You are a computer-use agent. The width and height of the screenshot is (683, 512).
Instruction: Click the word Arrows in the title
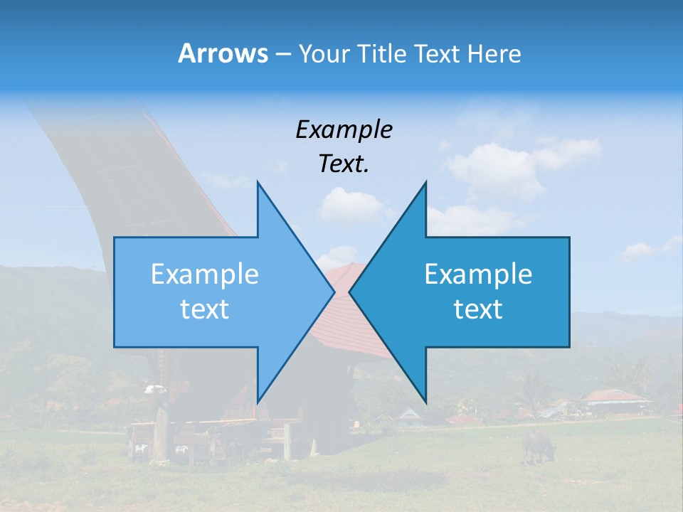tap(223, 53)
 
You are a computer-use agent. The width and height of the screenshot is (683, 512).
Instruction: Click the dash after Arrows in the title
tap(282, 54)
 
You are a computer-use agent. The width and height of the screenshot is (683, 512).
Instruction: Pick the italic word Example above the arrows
tap(344, 129)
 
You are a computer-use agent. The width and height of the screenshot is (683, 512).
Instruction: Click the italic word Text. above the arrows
tap(344, 164)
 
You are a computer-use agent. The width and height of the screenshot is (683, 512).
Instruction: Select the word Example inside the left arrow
tap(205, 274)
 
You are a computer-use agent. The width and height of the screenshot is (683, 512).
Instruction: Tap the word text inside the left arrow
tap(205, 309)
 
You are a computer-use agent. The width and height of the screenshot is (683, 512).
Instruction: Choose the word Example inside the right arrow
tap(478, 274)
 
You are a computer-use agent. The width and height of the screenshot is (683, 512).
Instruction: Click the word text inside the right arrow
tap(478, 309)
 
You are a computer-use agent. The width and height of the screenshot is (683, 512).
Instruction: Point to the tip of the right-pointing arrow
tap(334, 292)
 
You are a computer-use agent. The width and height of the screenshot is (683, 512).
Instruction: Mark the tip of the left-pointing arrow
tap(349, 292)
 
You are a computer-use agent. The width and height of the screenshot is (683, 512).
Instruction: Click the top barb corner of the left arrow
tap(257, 182)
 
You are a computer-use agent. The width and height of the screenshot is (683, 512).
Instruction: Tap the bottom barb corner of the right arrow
tap(425, 402)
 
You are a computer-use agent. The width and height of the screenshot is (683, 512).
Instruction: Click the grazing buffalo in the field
tap(539, 444)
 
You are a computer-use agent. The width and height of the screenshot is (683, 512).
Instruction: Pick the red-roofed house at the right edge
tap(615, 400)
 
